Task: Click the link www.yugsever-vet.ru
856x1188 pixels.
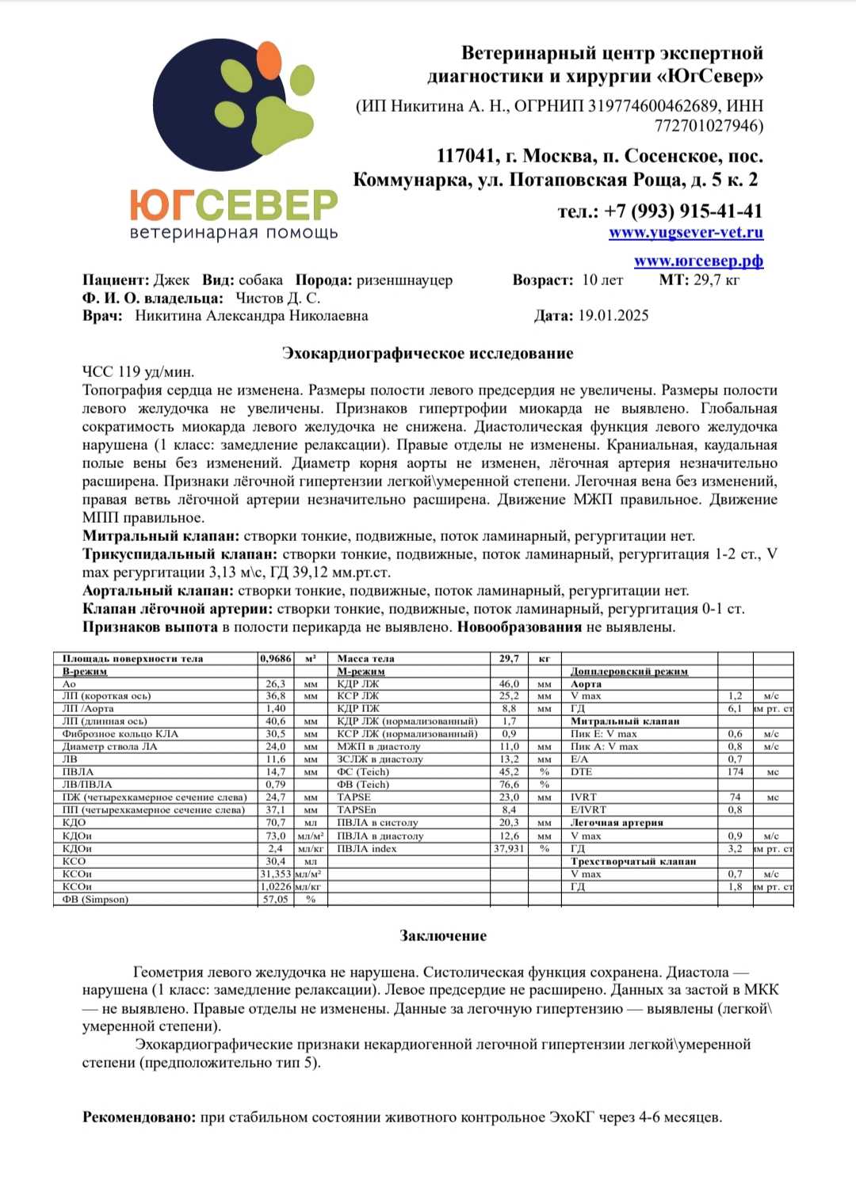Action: tap(686, 233)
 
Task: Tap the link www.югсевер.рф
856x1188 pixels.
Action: tap(698, 261)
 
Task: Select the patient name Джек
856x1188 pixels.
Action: tap(171, 280)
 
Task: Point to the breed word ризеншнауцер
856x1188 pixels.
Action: tap(404, 280)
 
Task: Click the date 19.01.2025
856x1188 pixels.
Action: tap(613, 316)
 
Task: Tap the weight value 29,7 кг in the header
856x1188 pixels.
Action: tap(717, 280)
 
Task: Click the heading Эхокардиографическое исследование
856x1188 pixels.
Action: tap(427, 353)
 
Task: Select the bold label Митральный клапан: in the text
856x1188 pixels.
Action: tap(161, 536)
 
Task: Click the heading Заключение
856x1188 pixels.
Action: tap(443, 936)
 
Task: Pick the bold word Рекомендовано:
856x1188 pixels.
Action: tap(139, 1118)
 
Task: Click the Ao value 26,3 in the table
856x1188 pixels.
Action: tap(275, 683)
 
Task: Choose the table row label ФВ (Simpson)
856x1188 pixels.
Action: tap(95, 900)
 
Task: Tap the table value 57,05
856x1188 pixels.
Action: tap(275, 900)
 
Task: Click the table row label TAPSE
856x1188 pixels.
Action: tap(353, 798)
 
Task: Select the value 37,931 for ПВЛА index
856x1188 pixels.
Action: tap(509, 849)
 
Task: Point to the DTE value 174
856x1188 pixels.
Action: tap(736, 772)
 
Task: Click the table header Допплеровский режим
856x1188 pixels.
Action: tap(629, 672)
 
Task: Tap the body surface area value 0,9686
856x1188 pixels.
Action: tap(275, 659)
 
